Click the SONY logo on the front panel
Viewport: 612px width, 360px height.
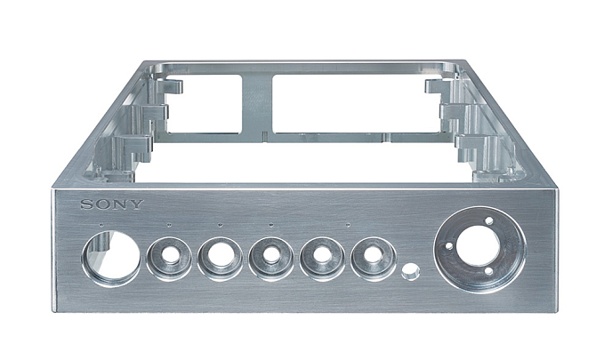click(112, 204)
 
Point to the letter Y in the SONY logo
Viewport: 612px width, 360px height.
click(137, 204)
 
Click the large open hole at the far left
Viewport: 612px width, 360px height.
click(111, 258)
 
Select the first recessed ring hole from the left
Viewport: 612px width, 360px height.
click(169, 258)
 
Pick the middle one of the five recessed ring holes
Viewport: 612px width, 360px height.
click(271, 259)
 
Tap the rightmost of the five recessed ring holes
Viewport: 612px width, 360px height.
click(373, 259)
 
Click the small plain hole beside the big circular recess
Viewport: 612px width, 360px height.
click(411, 271)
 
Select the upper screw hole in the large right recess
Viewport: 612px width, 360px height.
click(488, 220)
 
